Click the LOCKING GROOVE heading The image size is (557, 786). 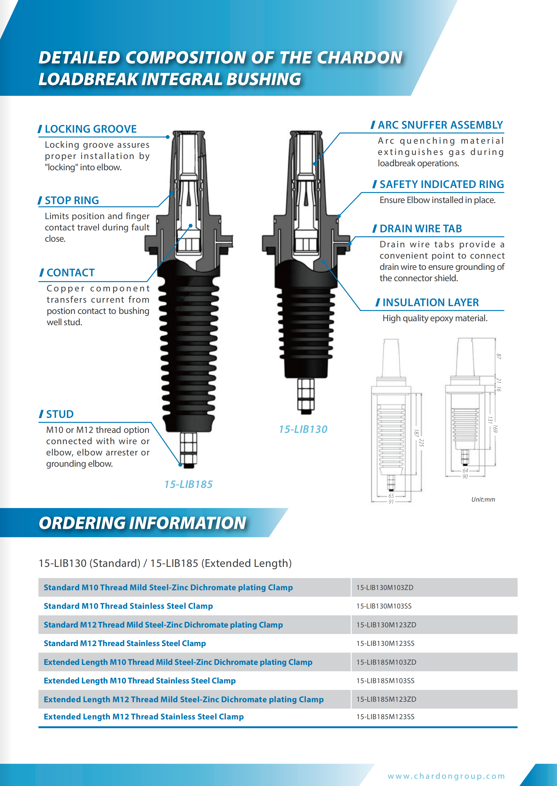90,129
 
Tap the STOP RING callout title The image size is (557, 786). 72,200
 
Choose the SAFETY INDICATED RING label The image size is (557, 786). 441,184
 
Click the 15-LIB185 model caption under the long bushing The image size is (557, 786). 188,484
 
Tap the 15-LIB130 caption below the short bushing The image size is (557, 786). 303,429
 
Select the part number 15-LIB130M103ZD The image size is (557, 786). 385,588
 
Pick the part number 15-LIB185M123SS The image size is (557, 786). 385,717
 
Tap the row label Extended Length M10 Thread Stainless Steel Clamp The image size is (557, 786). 140,681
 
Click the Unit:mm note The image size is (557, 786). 483,499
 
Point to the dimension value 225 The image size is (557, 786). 422,443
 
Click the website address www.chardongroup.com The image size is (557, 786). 446,776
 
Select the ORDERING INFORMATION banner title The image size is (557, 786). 142,523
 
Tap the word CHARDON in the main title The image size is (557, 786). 360,58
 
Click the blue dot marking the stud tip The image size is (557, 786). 180,465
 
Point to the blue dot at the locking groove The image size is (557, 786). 168,137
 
